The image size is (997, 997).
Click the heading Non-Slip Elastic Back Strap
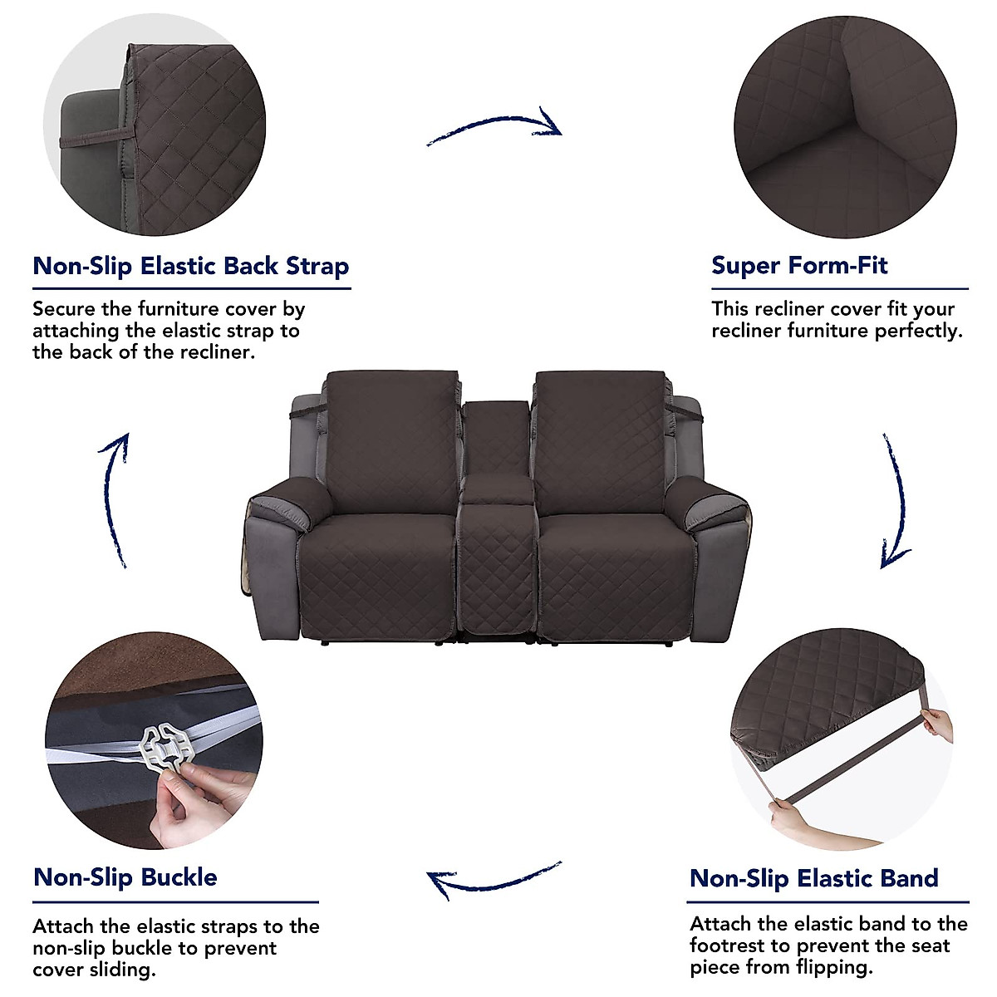tap(190, 267)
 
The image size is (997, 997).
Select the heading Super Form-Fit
tap(799, 266)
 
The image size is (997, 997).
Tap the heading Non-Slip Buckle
tap(125, 877)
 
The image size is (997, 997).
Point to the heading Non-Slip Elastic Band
tap(814, 878)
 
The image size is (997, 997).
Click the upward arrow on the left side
tap(115, 498)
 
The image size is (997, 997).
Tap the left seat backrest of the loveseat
tap(390, 440)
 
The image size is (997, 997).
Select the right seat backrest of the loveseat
tap(600, 440)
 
